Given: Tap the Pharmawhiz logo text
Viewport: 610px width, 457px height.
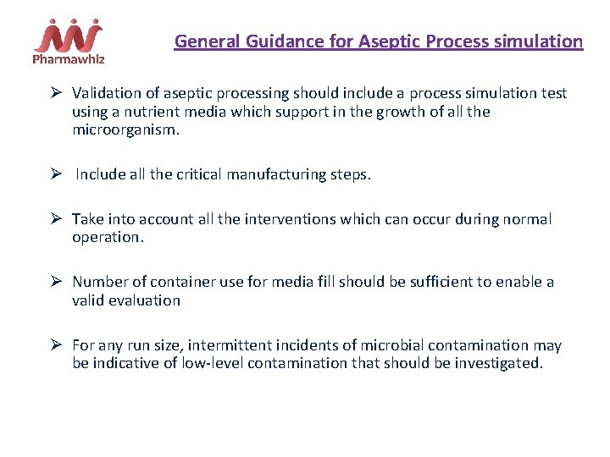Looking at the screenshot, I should pos(69,58).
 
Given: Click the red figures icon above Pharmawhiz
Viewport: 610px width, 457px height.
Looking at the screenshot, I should pos(69,35).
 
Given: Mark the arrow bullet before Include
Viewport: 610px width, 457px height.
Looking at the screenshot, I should pos(57,174).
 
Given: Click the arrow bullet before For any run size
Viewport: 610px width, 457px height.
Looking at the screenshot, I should pos(57,345).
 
